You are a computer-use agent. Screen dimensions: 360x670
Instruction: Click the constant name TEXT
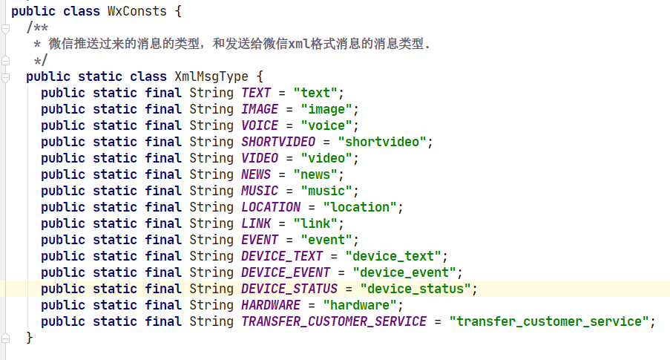(256, 93)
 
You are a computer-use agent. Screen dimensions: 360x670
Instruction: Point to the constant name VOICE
(260, 125)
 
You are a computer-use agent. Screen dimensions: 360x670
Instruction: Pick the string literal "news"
(316, 174)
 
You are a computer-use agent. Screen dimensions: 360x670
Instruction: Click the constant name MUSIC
(260, 191)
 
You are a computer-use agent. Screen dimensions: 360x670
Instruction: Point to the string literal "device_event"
(407, 272)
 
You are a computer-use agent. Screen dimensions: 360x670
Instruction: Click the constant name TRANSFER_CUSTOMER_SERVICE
(334, 321)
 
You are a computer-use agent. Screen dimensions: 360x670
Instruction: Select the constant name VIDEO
(260, 158)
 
